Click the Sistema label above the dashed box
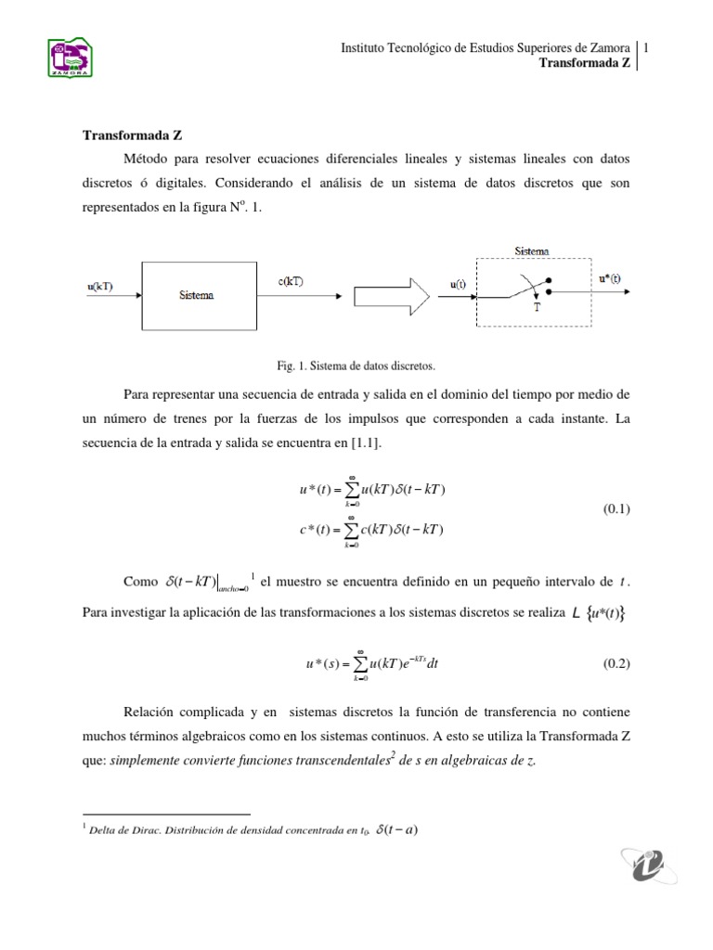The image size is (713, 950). pos(531,250)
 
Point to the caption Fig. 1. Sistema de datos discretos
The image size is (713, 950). pos(356,365)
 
